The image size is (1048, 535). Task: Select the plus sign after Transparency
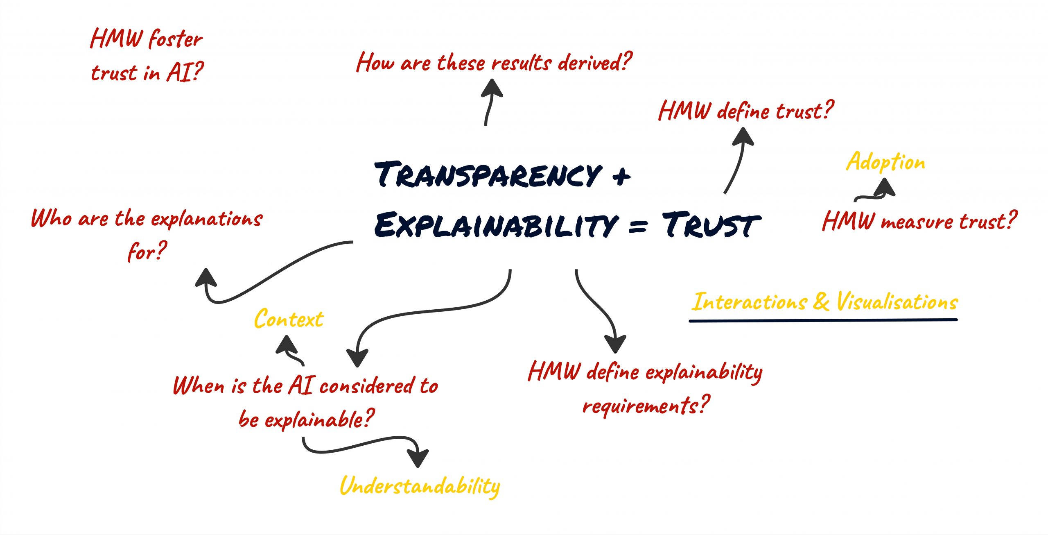click(x=621, y=176)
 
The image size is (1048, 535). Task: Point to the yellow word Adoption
click(x=885, y=162)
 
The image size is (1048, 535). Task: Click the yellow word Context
click(x=289, y=319)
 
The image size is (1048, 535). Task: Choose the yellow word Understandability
click(x=420, y=487)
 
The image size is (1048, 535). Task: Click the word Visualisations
click(x=897, y=302)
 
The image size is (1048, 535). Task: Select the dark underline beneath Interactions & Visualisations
click(x=823, y=320)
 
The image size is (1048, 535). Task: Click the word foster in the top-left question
click(x=175, y=39)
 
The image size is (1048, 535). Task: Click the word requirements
click(x=646, y=406)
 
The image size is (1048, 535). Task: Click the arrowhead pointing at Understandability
click(x=418, y=457)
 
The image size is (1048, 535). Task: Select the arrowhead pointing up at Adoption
click(x=884, y=188)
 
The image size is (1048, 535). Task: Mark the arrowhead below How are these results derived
click(x=492, y=88)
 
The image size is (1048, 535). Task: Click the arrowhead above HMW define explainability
click(x=615, y=343)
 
